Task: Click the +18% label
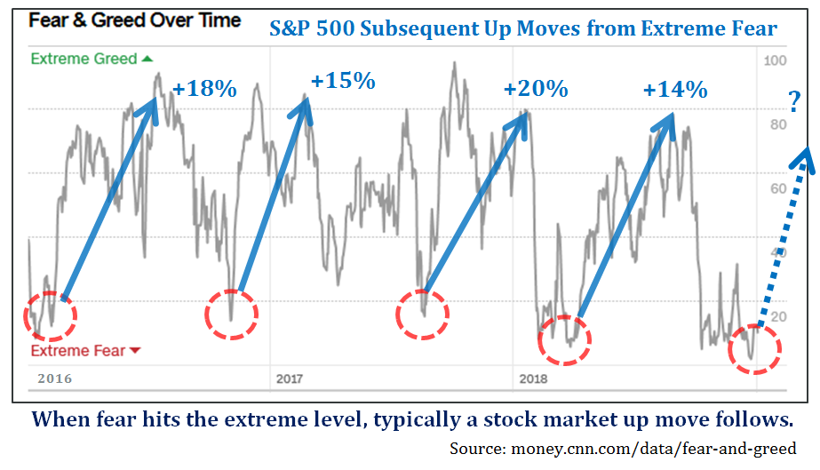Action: tap(204, 90)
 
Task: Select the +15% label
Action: tap(343, 81)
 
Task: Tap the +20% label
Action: tap(535, 89)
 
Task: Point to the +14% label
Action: tap(675, 90)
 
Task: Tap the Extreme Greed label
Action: tap(84, 59)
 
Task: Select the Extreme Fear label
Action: tap(78, 351)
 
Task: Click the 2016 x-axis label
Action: tap(54, 378)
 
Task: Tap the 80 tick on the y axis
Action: tap(778, 124)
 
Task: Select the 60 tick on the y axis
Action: tap(778, 188)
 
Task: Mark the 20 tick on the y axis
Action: tap(778, 317)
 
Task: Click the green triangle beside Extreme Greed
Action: tap(147, 59)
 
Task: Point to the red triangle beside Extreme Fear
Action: tap(135, 351)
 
